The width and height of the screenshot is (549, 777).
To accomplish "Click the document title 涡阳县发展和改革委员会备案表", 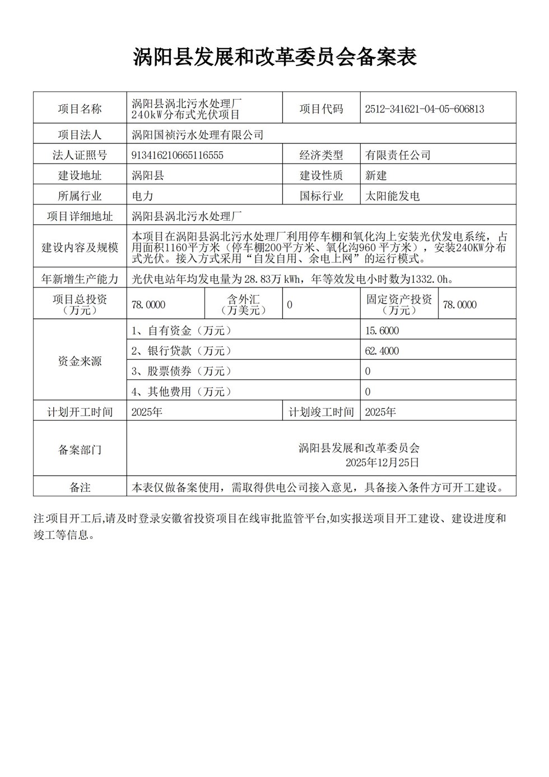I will (274, 57).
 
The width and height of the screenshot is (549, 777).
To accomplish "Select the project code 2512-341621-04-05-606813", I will (424, 109).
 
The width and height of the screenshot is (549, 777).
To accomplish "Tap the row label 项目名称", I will (80, 109).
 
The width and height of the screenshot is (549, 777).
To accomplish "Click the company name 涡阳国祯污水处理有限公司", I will (197, 135).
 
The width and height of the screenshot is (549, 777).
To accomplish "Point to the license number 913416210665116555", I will (177, 155).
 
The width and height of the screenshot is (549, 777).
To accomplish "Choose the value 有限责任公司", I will (398, 155).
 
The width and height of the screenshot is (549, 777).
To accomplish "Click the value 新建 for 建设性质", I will (376, 175).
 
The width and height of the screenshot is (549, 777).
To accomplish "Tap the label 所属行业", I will (80, 196).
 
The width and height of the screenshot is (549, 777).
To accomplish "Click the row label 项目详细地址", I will (80, 216).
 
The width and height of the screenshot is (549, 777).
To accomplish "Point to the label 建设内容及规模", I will (80, 248).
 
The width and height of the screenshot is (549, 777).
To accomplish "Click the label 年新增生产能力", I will (80, 278).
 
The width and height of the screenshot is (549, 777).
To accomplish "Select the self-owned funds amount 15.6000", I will (382, 331).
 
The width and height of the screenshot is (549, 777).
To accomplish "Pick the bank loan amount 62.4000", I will (382, 351).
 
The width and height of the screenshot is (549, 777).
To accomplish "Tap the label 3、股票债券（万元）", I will (182, 371).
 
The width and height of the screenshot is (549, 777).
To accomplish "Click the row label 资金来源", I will (80, 361).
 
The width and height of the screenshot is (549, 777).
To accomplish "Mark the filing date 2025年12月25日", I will (382, 463).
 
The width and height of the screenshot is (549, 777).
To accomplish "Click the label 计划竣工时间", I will (321, 412).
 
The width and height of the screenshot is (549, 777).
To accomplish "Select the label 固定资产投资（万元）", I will (399, 304).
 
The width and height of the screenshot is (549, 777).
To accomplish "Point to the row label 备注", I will (80, 487).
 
